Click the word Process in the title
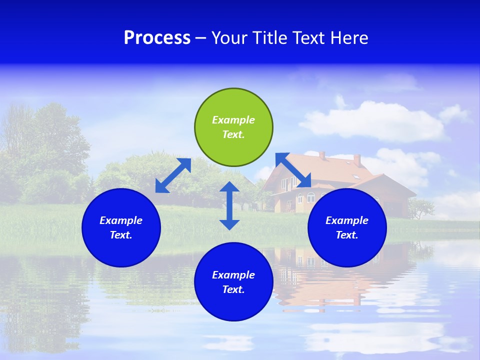coord(157,38)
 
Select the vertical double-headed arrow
coord(229,205)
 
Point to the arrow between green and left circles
coord(173,175)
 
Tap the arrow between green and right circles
coord(293,170)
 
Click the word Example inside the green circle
coord(233,120)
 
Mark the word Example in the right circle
coord(347,220)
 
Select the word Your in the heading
coord(230,38)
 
